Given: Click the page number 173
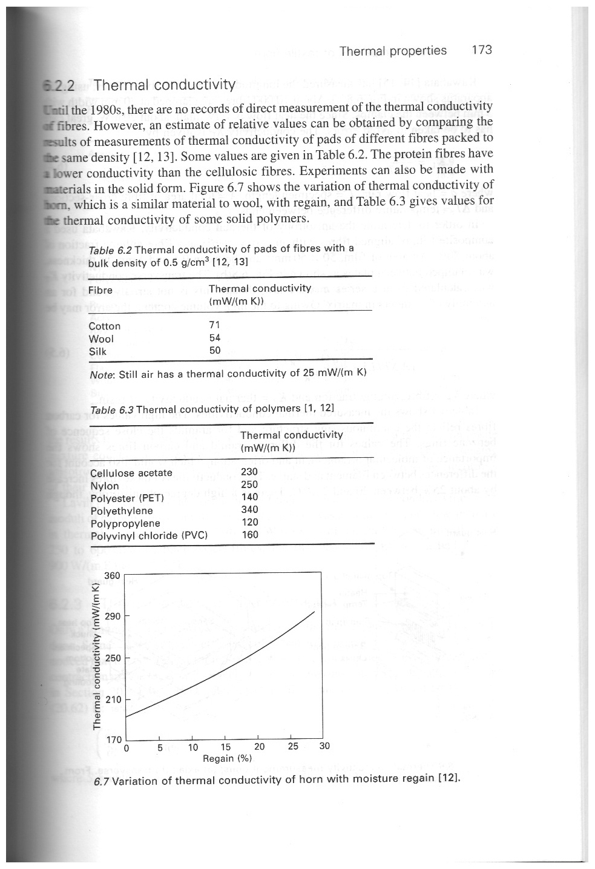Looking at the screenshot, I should pyautogui.click(x=481, y=50).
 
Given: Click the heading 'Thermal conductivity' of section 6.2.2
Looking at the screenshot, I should pyautogui.click(x=165, y=84).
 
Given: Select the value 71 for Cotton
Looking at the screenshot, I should pyautogui.click(x=214, y=325).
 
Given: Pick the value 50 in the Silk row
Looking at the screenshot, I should pyautogui.click(x=214, y=351).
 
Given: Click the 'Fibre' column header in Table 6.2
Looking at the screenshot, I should pyautogui.click(x=100, y=290).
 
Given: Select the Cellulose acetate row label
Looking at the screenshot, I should pyautogui.click(x=131, y=473).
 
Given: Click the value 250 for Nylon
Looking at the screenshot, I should pyautogui.click(x=249, y=484).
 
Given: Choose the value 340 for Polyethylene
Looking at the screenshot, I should pyautogui.click(x=249, y=510).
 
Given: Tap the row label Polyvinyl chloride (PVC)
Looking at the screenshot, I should pyautogui.click(x=149, y=535).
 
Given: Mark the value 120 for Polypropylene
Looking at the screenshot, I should pyautogui.click(x=249, y=522).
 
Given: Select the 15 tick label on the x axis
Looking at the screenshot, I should pyautogui.click(x=225, y=747).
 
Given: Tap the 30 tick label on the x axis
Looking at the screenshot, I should pyautogui.click(x=324, y=746).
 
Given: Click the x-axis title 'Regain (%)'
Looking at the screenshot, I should pyautogui.click(x=226, y=758).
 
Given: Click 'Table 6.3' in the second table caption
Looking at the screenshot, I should pyautogui.click(x=111, y=410).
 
